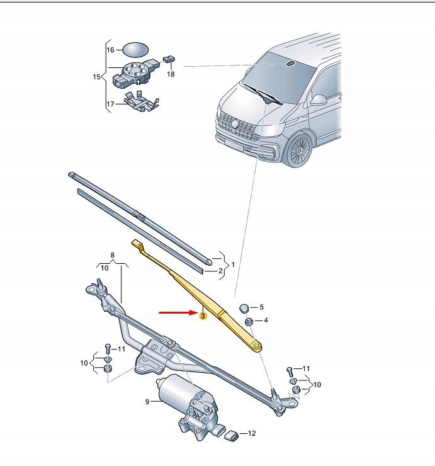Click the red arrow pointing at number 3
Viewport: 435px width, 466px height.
(176, 312)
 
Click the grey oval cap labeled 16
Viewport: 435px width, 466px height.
(133, 50)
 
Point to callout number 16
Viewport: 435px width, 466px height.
(110, 50)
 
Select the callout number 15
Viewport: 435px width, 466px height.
(96, 77)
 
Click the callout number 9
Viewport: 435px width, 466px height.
(148, 401)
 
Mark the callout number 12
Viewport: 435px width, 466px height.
(251, 433)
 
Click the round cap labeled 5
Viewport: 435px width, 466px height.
(245, 308)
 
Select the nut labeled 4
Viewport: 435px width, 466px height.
(249, 322)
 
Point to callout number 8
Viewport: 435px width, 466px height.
(113, 255)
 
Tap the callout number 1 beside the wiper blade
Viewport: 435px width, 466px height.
(233, 264)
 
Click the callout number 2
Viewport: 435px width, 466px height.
(220, 271)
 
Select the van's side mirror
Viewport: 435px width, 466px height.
(320, 99)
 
